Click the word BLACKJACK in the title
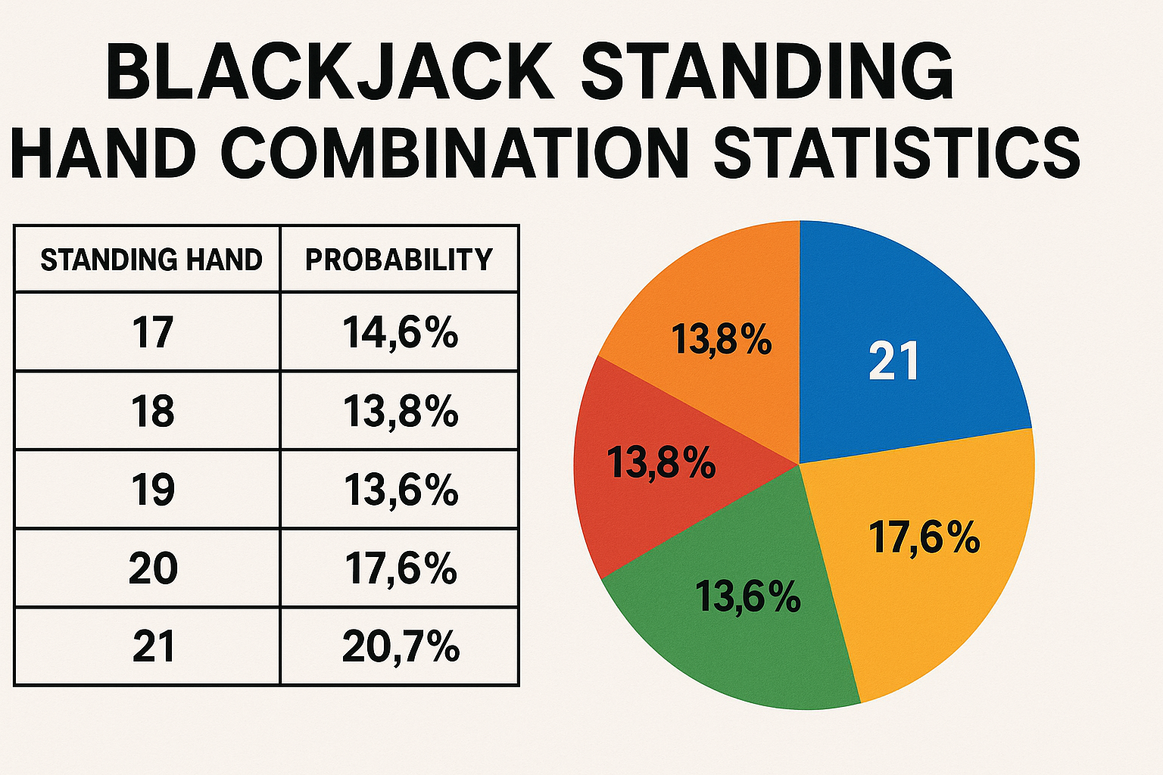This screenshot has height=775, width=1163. coord(330,71)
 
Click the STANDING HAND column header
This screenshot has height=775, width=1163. coord(151,260)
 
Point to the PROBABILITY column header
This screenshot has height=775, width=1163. coord(399,260)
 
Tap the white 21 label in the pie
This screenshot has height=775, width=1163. coord(893,361)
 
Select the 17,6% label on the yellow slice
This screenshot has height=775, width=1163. coord(924,538)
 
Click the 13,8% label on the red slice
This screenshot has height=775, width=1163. coord(661,462)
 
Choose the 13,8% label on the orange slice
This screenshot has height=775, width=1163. coord(721,339)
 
